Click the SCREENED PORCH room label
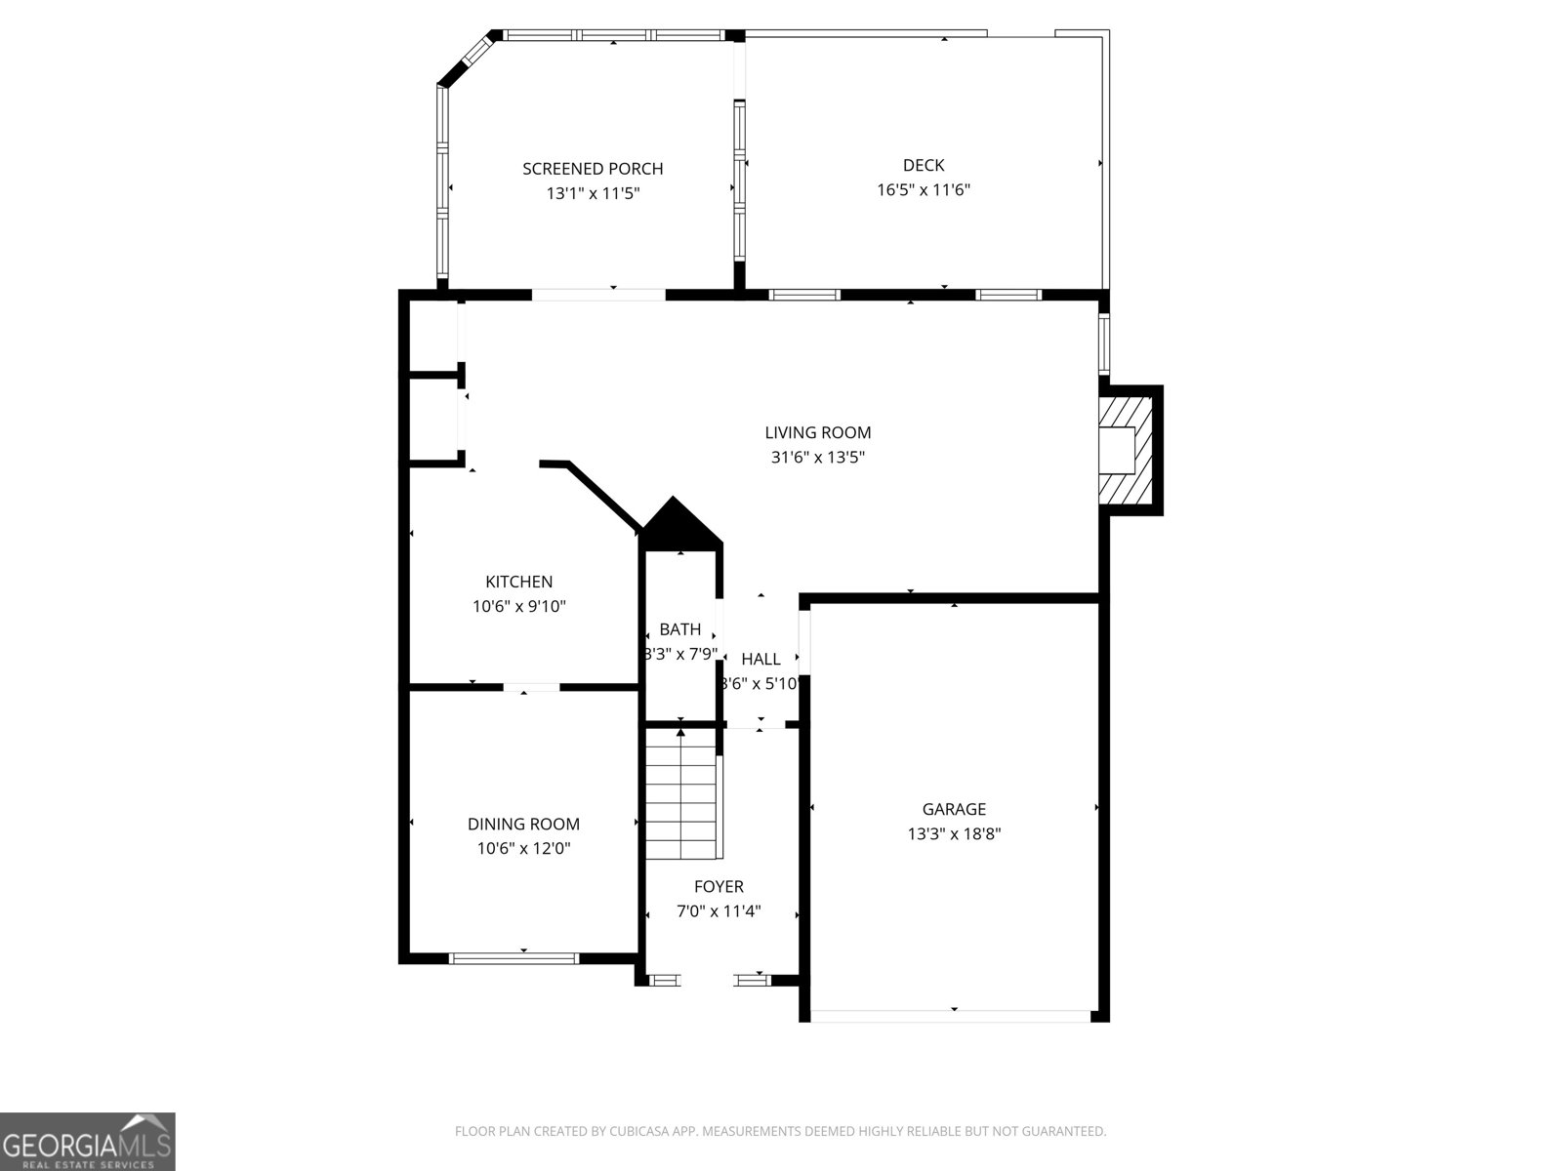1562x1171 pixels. (x=593, y=169)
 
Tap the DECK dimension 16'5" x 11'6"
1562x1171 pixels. (x=923, y=189)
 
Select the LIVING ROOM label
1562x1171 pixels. (x=817, y=432)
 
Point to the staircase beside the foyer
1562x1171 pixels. (x=681, y=795)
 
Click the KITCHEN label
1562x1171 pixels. (x=518, y=582)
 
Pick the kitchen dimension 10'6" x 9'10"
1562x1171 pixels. (x=518, y=606)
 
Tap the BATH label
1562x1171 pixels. (x=679, y=629)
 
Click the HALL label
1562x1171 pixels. (x=760, y=659)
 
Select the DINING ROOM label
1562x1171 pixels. (x=523, y=824)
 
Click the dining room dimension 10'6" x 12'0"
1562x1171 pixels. (x=523, y=848)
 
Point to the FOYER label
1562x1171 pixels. (x=719, y=886)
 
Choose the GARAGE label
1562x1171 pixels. (x=954, y=809)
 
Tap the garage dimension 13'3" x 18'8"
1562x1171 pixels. (x=954, y=833)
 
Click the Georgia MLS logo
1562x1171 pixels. (x=87, y=1141)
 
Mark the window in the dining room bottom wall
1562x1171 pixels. (x=514, y=958)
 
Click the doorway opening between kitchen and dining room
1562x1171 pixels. (x=531, y=687)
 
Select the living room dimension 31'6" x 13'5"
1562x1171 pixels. (x=817, y=457)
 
